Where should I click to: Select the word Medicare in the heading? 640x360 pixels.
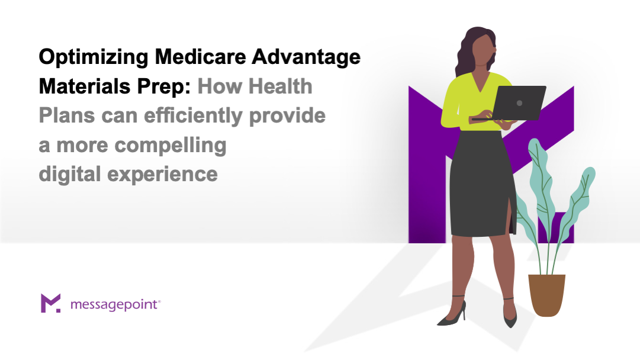200,56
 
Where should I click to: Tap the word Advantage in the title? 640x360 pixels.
306,57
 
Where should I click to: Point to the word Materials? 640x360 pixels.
85,86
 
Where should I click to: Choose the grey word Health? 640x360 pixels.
281,86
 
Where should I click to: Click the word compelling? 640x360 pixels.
171,146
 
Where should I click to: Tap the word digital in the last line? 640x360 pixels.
70,175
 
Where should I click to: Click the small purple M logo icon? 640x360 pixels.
50,303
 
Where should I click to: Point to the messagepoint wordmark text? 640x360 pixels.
114,305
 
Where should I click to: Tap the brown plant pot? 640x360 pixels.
546,295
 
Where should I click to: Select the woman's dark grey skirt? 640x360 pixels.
483,184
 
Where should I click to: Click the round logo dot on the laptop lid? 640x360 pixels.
519,103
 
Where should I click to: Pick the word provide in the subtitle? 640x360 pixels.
287,116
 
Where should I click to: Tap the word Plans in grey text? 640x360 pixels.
67,115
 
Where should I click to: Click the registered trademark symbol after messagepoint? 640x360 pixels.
159,301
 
